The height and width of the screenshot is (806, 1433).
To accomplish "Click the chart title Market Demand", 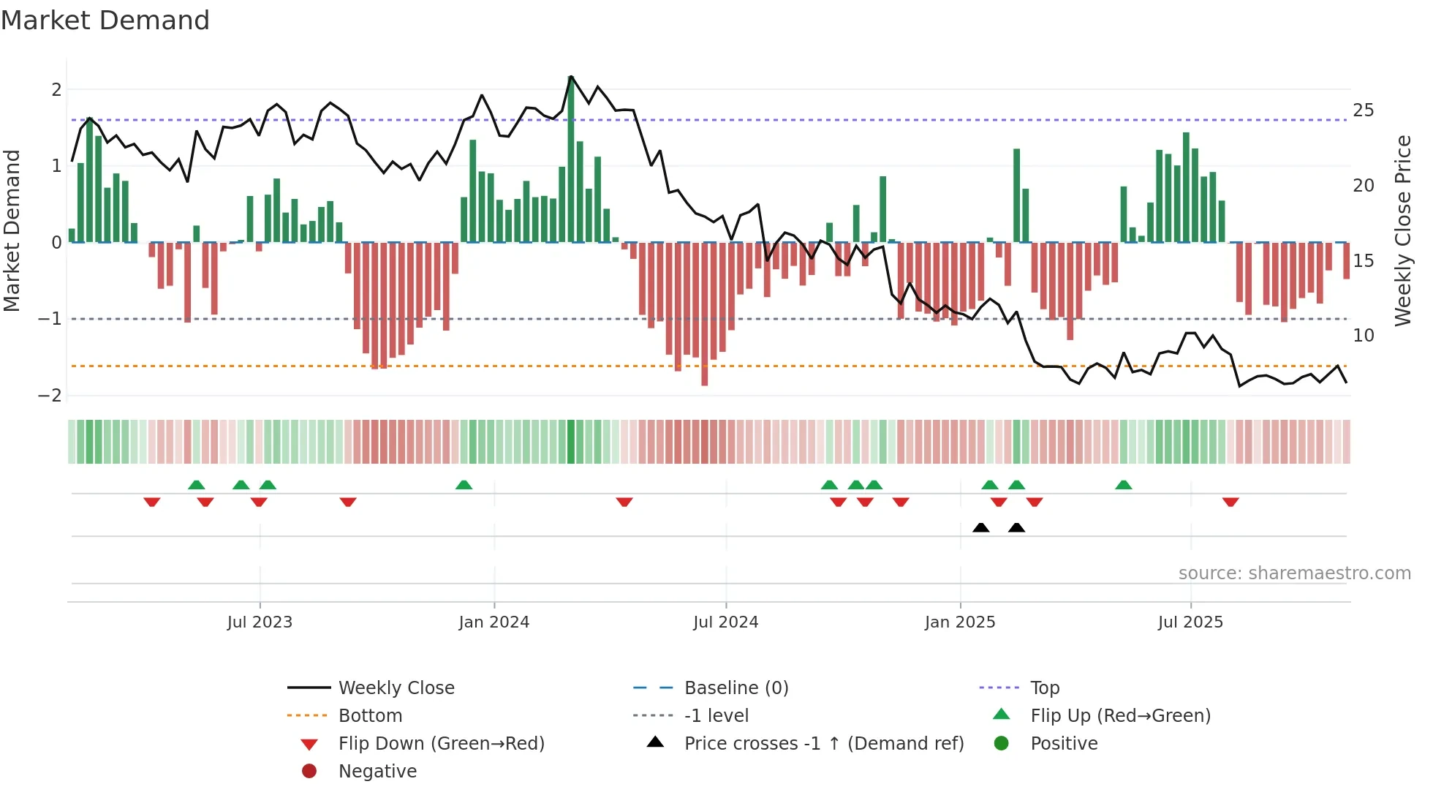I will pos(105,20).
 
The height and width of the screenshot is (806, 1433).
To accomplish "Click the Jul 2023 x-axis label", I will pos(260,622).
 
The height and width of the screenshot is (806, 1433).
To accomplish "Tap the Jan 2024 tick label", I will pos(494,622).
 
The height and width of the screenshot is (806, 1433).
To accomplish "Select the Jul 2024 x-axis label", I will pos(725,622).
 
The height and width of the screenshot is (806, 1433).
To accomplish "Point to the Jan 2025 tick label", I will pos(959,622).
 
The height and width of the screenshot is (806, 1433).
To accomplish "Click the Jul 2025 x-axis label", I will pos(1190,622).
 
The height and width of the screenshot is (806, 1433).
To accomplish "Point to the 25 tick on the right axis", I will pos(1363,110).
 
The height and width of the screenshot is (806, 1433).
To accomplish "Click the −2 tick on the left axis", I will pos(50,396).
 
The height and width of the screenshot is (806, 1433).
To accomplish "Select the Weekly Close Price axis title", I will pos(1402,230).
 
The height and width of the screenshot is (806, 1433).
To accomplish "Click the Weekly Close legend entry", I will pos(396,688).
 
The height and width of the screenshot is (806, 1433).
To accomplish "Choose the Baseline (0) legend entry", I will pos(736,688).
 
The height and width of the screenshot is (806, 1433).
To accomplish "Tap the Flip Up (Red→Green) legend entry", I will pos(1120,716).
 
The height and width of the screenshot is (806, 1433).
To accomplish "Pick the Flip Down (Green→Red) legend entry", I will pos(441,744).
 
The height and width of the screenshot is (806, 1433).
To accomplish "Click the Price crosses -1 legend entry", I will pos(823,744).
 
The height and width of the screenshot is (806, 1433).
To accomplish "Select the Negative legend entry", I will pos(377,772).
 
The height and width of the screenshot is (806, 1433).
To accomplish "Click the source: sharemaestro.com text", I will pos(1294,573).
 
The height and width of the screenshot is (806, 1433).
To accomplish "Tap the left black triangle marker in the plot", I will pos(981,527).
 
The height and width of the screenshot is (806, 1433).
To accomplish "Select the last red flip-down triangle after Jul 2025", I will pos(1230,502).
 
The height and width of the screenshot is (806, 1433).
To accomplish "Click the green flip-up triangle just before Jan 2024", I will pos(464,485).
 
